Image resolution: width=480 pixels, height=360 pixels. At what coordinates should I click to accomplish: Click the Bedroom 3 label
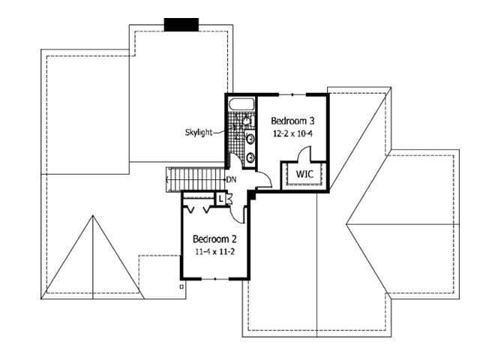(292, 121)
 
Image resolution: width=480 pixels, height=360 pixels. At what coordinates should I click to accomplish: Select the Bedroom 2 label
(214, 239)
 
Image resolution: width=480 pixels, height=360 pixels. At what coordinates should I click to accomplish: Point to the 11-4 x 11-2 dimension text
(214, 252)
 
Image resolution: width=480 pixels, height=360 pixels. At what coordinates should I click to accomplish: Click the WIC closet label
(304, 174)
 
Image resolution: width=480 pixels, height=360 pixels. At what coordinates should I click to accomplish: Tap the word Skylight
(199, 133)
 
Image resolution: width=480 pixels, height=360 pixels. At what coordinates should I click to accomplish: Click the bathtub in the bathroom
(242, 104)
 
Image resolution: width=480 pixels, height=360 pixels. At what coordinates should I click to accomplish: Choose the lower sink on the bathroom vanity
(249, 157)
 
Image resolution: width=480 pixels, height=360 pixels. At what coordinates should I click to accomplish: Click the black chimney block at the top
(181, 24)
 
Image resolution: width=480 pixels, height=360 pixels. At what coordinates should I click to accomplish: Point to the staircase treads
(196, 180)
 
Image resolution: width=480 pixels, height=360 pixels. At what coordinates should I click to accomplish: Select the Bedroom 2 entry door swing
(238, 211)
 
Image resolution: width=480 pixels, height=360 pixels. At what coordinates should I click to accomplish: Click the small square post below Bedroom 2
(181, 286)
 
